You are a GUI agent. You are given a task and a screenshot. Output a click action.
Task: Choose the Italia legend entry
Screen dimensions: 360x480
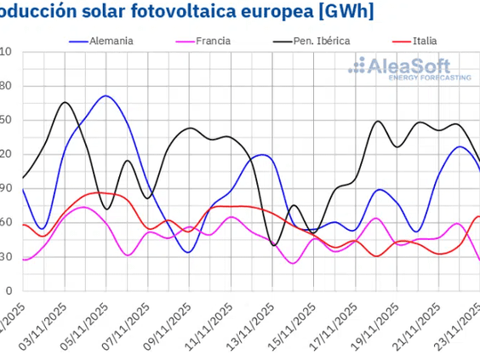(x=426, y=40)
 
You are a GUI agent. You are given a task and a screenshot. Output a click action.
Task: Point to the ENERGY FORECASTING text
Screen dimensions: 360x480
(x=430, y=77)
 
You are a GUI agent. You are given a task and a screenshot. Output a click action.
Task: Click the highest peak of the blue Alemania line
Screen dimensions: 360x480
(x=105, y=96)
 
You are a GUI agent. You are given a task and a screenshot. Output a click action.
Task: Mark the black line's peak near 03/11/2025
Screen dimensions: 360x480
(x=65, y=102)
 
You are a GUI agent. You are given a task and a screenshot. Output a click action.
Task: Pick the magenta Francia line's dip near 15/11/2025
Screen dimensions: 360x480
(x=293, y=263)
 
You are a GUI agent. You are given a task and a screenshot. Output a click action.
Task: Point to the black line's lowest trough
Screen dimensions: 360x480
(x=274, y=245)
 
